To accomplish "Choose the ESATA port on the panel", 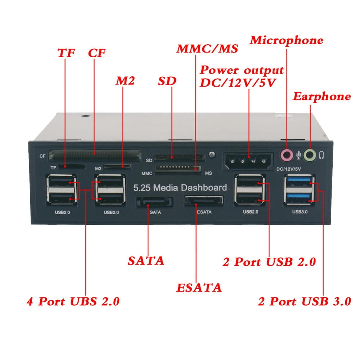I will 203,201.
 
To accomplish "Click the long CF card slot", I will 95,155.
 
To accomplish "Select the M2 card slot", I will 117,167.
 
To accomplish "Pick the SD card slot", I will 179,157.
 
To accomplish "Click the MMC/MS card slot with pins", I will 177,169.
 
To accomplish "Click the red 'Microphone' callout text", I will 287,40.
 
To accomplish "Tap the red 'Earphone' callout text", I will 321,96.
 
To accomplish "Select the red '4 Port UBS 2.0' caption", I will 73,301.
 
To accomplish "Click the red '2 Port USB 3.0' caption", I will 304,301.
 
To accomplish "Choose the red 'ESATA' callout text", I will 199,288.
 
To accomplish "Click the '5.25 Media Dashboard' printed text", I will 180,188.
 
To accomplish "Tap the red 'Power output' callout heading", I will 242,70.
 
